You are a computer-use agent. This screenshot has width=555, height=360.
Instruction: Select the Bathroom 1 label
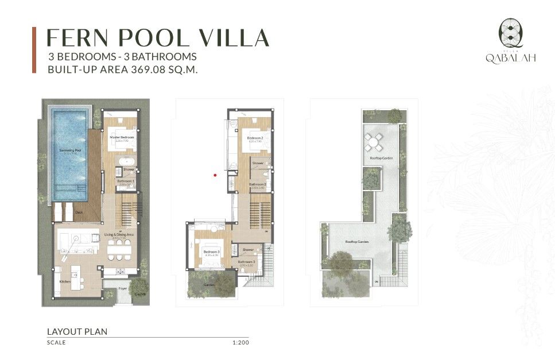[126, 181]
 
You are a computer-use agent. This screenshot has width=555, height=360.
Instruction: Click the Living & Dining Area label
[119, 235]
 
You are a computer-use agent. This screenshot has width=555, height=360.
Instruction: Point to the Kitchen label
[65, 281]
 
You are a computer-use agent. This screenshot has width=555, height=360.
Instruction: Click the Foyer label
[122, 289]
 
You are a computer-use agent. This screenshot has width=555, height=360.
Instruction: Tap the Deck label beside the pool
[79, 212]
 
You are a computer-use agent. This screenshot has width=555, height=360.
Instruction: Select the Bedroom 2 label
[255, 138]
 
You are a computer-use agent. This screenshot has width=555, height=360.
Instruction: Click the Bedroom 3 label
[211, 251]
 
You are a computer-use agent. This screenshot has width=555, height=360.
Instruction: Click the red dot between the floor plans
[215, 175]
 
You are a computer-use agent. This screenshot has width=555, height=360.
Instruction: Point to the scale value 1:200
[240, 343]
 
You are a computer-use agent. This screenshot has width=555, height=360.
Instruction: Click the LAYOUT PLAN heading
[77, 331]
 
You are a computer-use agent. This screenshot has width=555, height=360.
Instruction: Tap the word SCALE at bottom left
[56, 343]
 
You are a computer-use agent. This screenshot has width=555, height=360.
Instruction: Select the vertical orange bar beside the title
[34, 50]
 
